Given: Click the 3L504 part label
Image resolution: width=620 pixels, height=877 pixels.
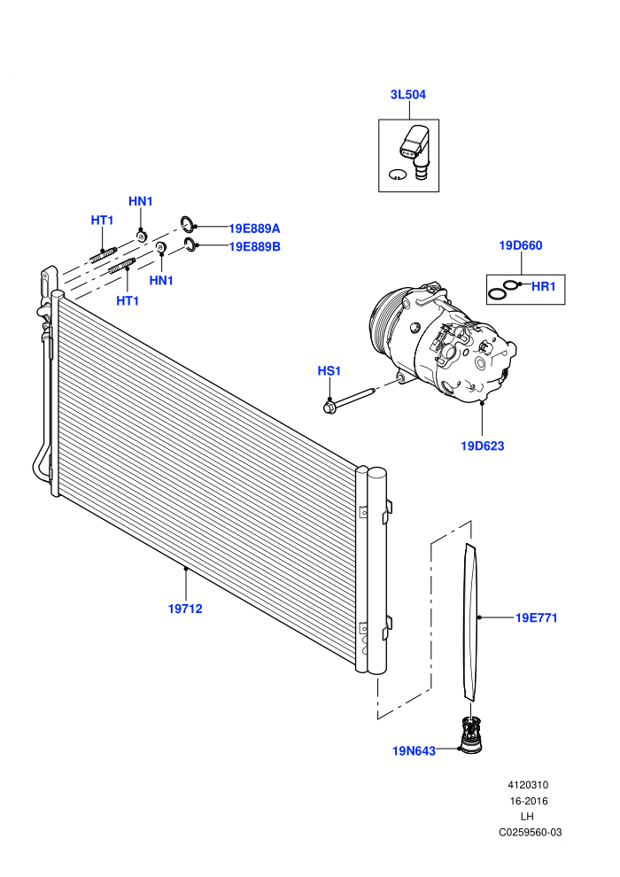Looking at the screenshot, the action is tap(407, 95).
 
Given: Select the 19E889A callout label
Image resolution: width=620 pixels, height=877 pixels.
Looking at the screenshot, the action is tap(254, 229).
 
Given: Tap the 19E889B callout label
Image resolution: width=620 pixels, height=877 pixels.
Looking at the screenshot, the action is tap(254, 246).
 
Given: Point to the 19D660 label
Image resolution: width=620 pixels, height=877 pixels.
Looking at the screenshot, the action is tap(521, 245).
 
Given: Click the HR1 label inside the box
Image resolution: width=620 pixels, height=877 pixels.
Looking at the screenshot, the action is tap(544, 286).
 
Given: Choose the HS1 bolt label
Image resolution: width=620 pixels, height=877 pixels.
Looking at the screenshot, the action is tap(329, 371).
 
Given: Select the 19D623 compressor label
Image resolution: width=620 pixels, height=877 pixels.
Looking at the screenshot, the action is tap(482, 446).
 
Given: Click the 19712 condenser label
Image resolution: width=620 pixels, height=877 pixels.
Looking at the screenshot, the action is tap(185, 609).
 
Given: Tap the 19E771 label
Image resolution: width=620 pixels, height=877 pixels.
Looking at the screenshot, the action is tap(536, 618).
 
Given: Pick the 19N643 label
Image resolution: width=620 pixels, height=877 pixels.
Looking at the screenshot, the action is tap(414, 751).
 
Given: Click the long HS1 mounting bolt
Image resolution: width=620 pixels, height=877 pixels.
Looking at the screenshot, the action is tap(348, 399).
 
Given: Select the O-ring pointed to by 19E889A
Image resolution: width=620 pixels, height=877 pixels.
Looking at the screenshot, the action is tap(187, 224).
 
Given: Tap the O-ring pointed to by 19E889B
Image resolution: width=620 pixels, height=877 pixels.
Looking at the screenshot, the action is tap(190, 244).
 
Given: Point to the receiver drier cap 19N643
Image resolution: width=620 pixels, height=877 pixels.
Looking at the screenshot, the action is tap(470, 735).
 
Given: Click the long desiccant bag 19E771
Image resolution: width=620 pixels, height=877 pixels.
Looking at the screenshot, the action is tap(471, 621).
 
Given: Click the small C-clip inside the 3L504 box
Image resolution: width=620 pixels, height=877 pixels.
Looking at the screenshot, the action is tap(397, 175).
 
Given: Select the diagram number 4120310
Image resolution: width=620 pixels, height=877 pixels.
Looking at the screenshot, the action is tap(528, 785).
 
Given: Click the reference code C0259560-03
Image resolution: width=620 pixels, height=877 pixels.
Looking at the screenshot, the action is tap(530, 833).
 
